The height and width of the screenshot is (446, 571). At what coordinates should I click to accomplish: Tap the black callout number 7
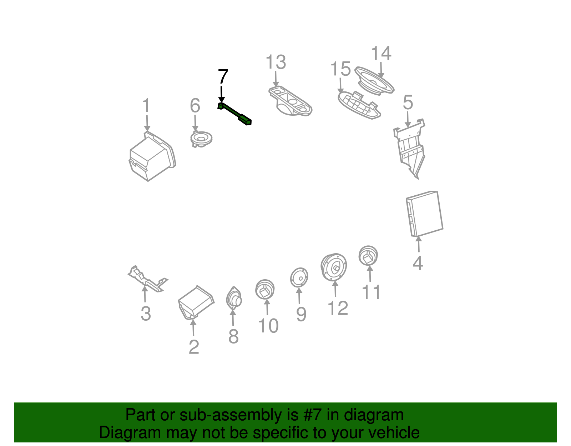[x=223, y=77]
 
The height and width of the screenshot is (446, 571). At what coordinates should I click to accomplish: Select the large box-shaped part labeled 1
[x=152, y=156]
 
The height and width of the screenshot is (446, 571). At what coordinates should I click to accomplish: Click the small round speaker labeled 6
[x=201, y=138]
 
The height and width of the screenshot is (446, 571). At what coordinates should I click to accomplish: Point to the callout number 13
[x=276, y=62]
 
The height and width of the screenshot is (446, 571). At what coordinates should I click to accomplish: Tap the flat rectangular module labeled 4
[x=424, y=214]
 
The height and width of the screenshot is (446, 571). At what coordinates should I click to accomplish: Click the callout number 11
[x=371, y=292]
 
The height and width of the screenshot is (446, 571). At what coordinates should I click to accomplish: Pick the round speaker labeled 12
[x=334, y=267]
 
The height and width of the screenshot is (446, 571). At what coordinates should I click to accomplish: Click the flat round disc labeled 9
[x=299, y=277]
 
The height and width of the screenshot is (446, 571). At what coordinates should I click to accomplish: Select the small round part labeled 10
[x=265, y=289]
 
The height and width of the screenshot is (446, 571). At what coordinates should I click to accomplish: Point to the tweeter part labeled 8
[x=234, y=298]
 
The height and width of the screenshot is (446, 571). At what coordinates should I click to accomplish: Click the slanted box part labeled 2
[x=196, y=302]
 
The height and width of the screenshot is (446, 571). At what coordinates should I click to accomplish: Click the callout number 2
[x=194, y=347]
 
